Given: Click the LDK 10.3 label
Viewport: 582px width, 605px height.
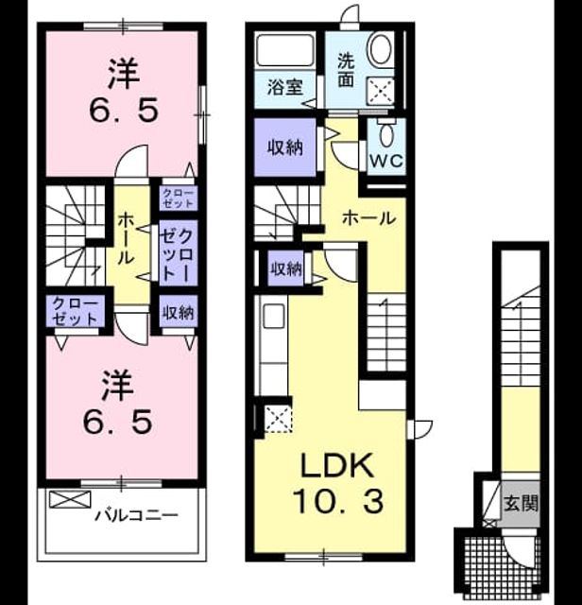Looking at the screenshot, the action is (x=338, y=483).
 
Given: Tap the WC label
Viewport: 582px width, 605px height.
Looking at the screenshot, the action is (x=386, y=161).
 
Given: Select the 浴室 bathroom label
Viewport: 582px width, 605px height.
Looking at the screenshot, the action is (x=285, y=88).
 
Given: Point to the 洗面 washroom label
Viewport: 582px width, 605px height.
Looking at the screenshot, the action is (x=346, y=70).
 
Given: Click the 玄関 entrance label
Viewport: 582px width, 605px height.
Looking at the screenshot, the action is (x=521, y=503).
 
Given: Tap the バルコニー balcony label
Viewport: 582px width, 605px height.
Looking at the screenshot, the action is (x=137, y=515).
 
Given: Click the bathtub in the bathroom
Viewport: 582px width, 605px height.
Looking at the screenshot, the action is (x=285, y=51).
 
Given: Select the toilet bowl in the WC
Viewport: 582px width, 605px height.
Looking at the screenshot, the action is (x=386, y=132).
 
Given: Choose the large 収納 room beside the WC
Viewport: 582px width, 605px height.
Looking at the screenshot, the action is (x=285, y=147).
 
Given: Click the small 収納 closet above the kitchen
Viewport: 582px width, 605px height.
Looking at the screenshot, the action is (x=285, y=268).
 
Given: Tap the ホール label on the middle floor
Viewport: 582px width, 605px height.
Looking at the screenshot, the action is (x=369, y=218).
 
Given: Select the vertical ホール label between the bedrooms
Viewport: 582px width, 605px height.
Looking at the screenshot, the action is (x=126, y=238).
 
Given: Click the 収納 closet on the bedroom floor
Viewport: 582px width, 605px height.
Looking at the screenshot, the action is (x=178, y=312).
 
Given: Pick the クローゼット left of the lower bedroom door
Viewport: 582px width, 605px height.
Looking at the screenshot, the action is (x=75, y=311).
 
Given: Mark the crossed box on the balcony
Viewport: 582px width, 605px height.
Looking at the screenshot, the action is (x=70, y=499).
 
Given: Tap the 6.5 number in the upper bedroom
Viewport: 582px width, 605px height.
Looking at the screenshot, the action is (x=124, y=111).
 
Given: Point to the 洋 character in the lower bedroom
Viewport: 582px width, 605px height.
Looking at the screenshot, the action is (x=118, y=386).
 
